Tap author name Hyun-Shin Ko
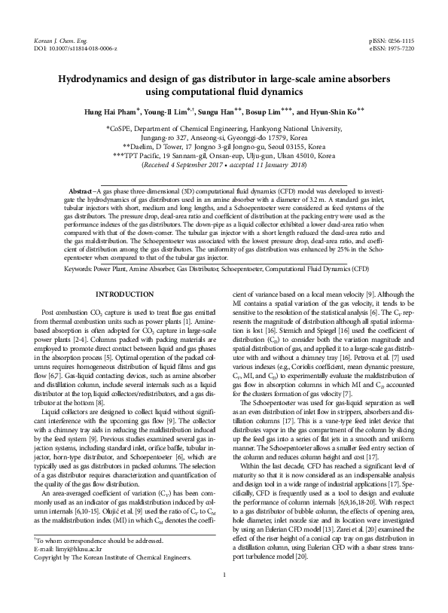click(335, 111)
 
